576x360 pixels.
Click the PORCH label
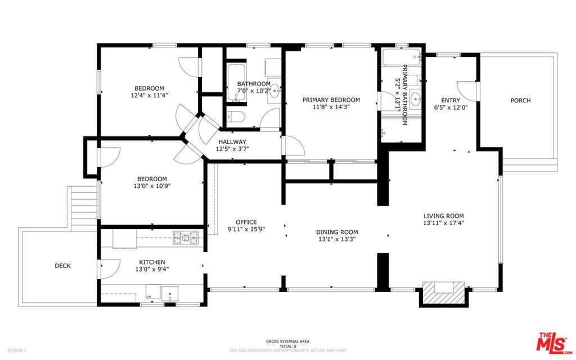(520, 100)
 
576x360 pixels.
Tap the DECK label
(62, 265)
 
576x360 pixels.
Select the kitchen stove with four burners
(186, 238)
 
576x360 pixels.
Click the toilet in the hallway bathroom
(235, 116)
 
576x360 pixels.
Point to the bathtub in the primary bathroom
(402, 57)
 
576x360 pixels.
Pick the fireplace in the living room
(444, 293)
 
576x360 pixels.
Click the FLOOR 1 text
(17, 350)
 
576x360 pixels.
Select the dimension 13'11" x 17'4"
(443, 223)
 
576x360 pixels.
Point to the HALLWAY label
(232, 142)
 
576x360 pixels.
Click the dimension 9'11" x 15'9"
(246, 229)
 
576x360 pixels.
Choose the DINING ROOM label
(337, 232)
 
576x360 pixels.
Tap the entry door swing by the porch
(467, 91)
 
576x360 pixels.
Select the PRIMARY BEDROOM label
(331, 100)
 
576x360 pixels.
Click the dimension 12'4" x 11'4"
(149, 95)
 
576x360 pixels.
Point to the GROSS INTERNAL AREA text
(288, 341)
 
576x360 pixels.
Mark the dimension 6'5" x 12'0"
(451, 107)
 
